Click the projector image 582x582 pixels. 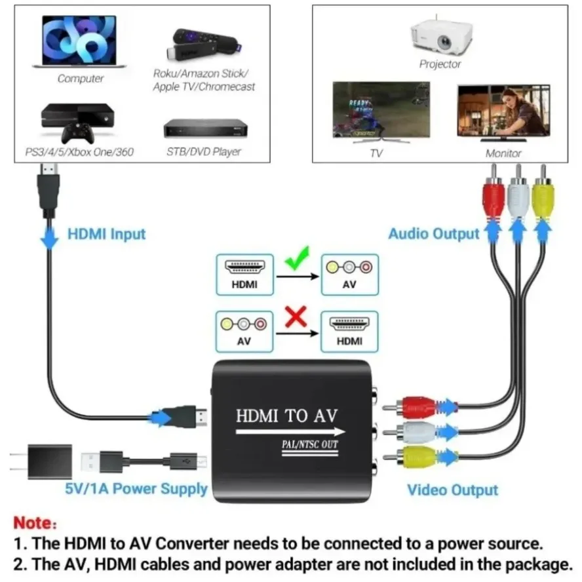point(441,37)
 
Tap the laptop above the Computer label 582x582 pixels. point(80,41)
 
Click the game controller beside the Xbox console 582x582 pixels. point(77,133)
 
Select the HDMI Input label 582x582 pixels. point(106,234)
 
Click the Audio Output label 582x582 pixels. point(433,234)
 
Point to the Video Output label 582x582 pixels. point(452,490)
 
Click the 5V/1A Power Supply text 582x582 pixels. point(136,488)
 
